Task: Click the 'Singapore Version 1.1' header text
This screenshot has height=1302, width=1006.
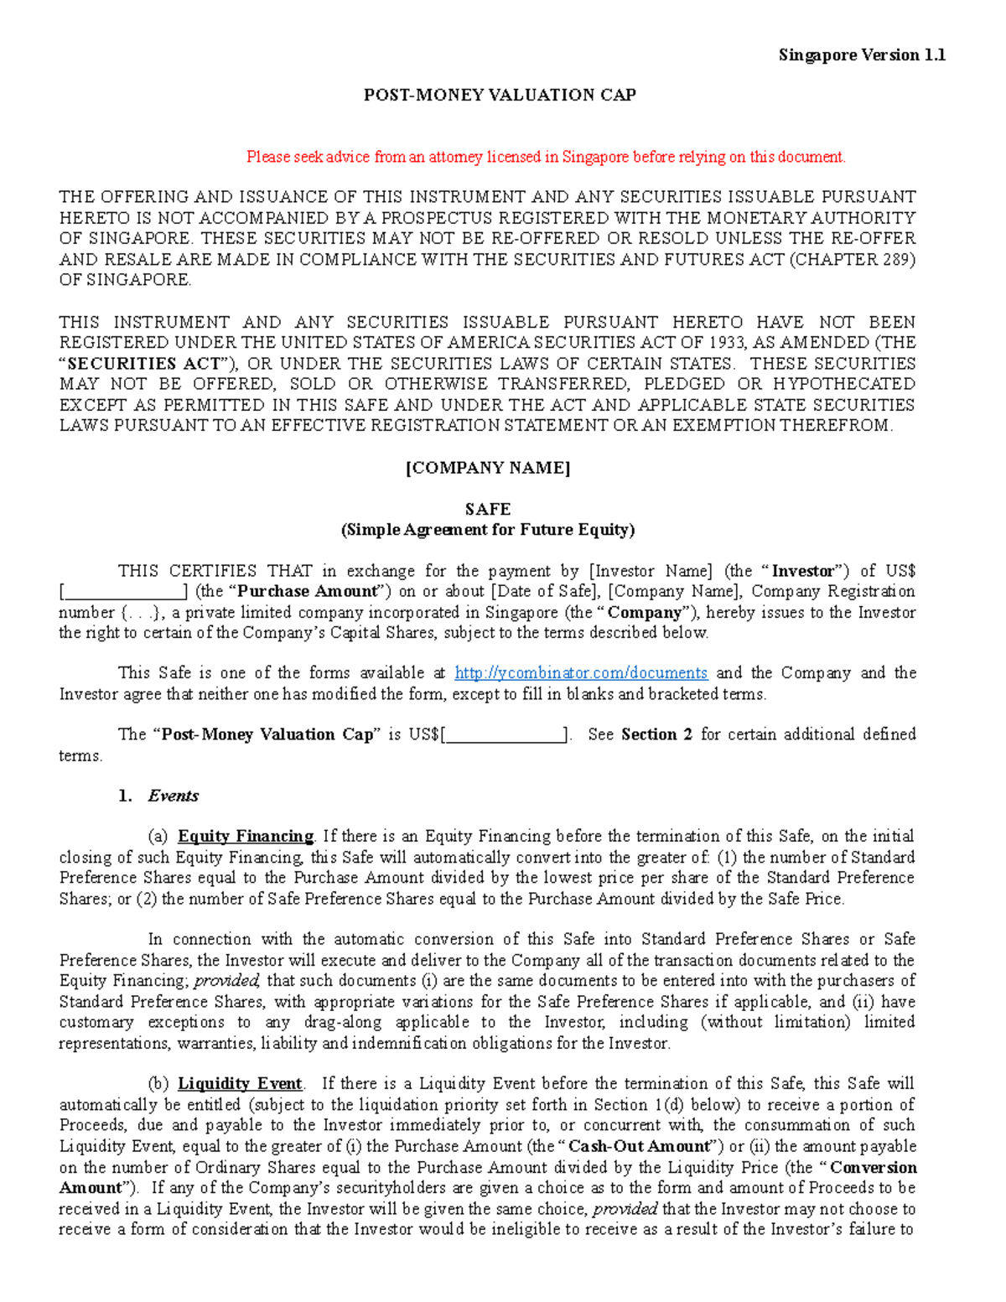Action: (x=862, y=55)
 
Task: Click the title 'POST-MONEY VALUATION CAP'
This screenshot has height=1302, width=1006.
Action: (x=500, y=95)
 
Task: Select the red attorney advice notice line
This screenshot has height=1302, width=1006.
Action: (x=546, y=157)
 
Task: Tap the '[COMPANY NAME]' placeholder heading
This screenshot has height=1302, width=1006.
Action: (x=488, y=468)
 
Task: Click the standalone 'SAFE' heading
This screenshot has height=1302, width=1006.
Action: (x=488, y=509)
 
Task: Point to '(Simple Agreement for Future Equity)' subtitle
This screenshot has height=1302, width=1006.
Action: (x=488, y=530)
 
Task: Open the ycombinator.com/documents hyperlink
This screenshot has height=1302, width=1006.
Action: (x=581, y=673)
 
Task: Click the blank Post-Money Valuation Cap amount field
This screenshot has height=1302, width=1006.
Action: (x=506, y=735)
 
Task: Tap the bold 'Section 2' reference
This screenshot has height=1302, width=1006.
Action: (x=656, y=734)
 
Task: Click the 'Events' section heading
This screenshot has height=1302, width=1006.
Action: (x=173, y=796)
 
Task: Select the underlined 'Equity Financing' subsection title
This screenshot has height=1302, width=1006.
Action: (x=245, y=836)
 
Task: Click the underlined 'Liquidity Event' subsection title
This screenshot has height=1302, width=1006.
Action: (x=240, y=1083)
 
